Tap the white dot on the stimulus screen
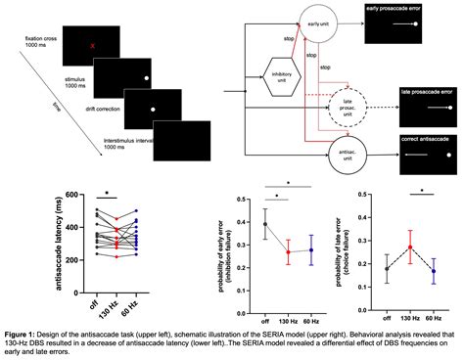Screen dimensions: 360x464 [146, 77]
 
